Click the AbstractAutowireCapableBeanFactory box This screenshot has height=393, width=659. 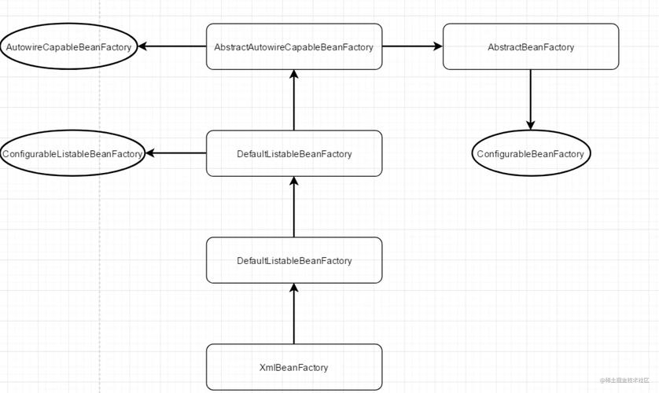[x=294, y=46]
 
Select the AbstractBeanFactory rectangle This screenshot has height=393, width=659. [x=531, y=46]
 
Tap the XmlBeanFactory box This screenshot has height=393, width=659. [x=294, y=367]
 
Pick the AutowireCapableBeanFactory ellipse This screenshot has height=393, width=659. [x=69, y=46]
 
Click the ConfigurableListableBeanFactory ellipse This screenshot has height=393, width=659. [x=73, y=153]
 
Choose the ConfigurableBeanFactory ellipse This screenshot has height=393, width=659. [x=531, y=153]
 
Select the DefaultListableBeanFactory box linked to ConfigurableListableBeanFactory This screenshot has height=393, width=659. [x=294, y=153]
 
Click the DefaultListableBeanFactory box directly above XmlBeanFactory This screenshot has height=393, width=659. [x=294, y=260]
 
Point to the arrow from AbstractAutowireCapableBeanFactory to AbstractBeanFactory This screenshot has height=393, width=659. [x=412, y=46]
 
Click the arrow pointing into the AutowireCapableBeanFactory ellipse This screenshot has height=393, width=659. [x=173, y=46]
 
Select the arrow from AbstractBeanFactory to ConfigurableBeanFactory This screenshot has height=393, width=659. [x=531, y=98]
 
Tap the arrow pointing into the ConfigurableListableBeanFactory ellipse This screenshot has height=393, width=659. [x=176, y=153]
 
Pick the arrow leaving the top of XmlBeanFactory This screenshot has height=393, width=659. [x=294, y=314]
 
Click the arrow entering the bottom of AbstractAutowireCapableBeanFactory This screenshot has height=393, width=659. [x=294, y=101]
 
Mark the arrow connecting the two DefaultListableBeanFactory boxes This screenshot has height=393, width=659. [x=294, y=208]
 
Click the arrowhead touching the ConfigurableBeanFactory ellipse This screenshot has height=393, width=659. [x=531, y=123]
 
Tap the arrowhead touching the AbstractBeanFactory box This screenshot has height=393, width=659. [x=436, y=46]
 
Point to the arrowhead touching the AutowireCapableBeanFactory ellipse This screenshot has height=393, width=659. [x=145, y=46]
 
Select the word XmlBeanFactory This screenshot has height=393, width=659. [x=294, y=367]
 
